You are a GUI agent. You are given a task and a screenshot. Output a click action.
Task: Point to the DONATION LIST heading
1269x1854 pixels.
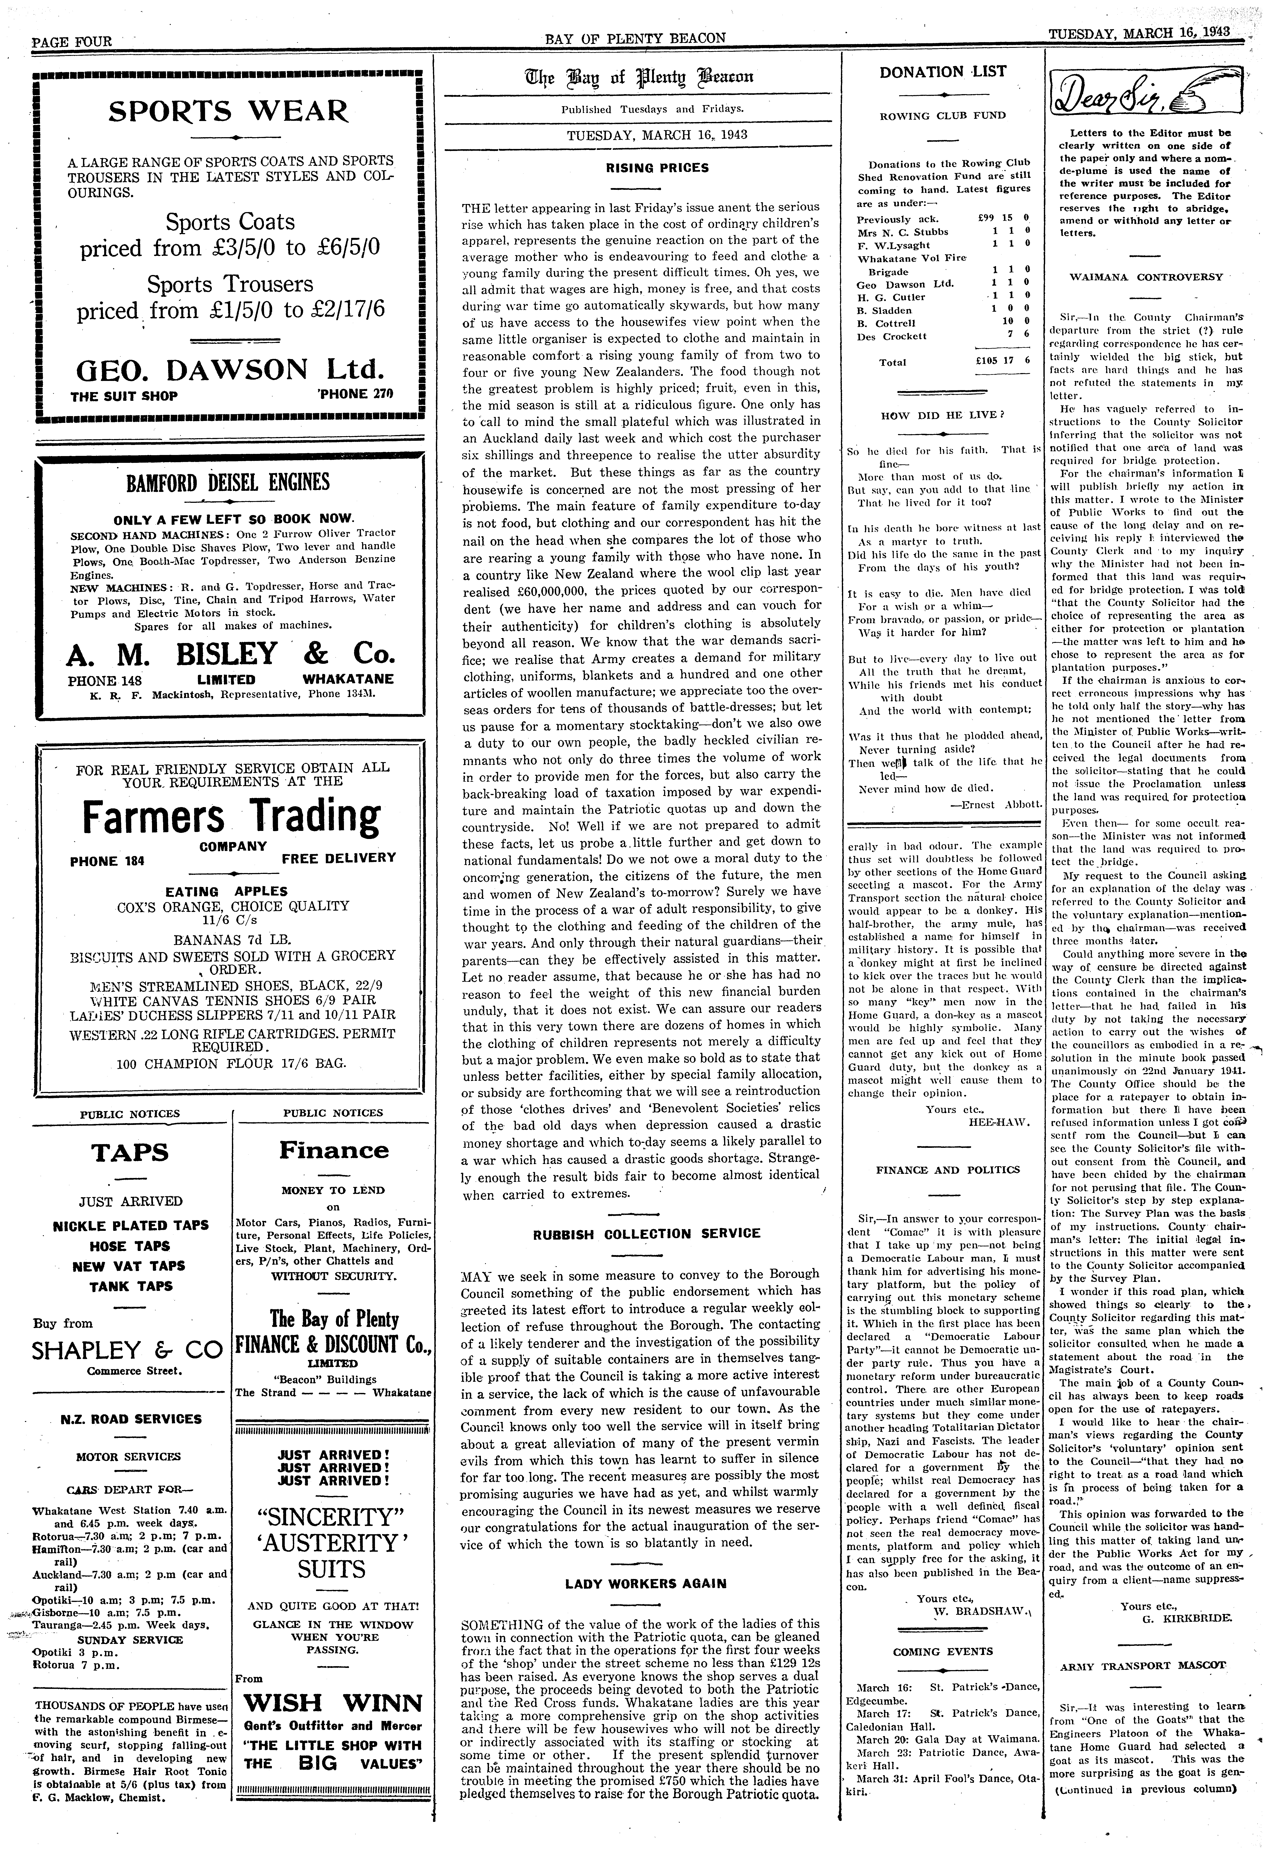point(943,72)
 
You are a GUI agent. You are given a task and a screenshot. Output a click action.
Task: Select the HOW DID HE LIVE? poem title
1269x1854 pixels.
point(942,415)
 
